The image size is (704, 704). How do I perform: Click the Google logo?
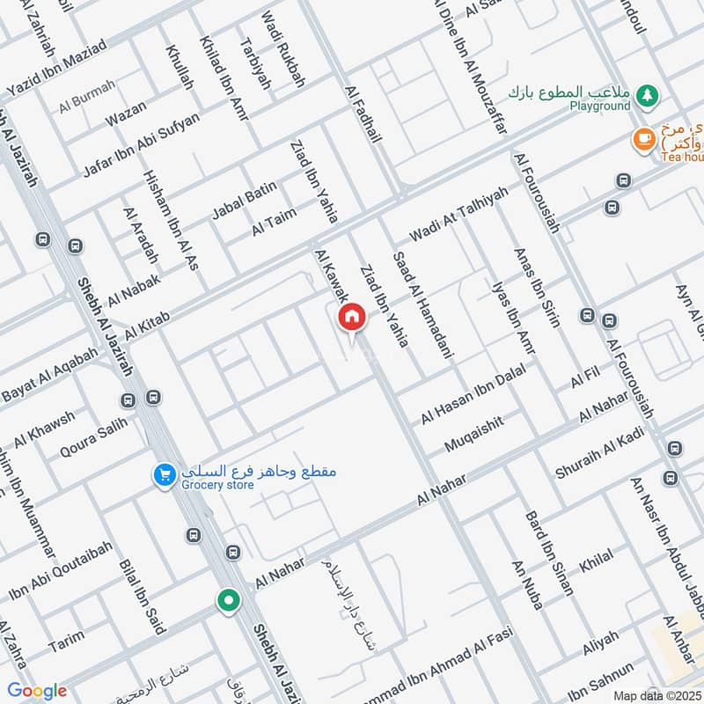[x=36, y=690]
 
